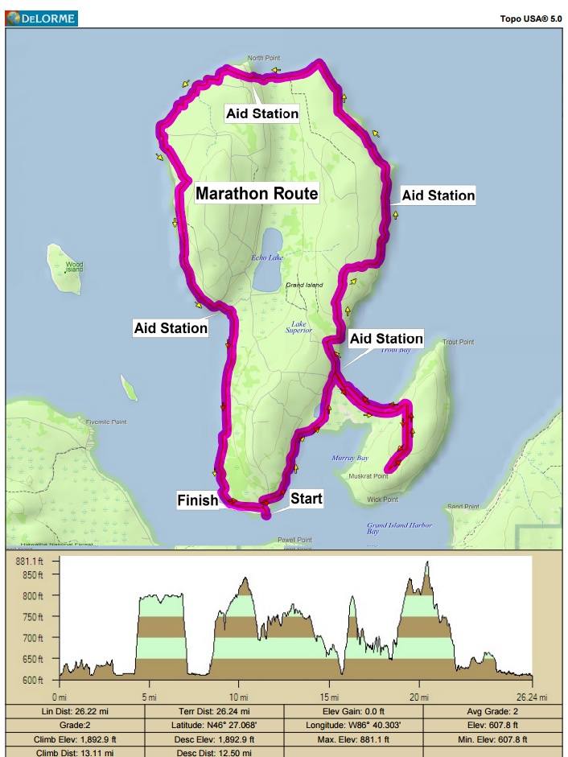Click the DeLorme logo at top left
[41, 15]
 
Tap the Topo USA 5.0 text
[531, 16]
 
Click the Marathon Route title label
[257, 194]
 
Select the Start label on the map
[306, 499]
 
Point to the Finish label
[198, 500]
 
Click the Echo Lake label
[268, 257]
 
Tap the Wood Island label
[74, 266]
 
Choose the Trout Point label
[459, 342]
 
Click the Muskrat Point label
[368, 476]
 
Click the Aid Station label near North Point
[262, 113]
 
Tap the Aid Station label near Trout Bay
[386, 339]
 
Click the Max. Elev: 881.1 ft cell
[353, 738]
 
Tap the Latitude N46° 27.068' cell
[215, 725]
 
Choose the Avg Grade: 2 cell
[494, 711]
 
